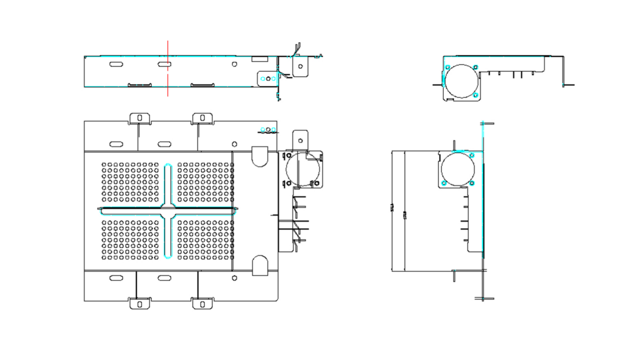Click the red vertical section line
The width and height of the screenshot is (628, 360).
tap(167, 81)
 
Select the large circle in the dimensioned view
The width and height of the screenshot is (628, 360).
tap(458, 169)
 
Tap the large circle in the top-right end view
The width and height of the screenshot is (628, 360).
tap(461, 81)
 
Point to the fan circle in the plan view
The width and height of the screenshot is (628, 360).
tap(303, 169)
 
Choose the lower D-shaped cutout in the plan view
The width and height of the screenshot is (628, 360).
tap(260, 265)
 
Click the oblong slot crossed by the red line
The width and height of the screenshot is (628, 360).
tap(164, 64)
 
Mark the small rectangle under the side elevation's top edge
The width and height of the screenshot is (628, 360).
tap(260, 59)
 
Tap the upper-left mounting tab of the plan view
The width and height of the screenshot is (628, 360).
tap(140, 119)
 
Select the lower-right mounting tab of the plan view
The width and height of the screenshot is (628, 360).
tap(203, 304)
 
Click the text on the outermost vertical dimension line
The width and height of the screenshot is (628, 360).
tap(392, 208)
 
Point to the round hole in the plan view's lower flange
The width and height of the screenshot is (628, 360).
tap(234, 278)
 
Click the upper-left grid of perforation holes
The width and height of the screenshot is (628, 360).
tap(130, 182)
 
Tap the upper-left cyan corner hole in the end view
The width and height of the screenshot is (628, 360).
tap(447, 67)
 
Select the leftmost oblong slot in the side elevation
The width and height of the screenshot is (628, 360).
tap(116, 64)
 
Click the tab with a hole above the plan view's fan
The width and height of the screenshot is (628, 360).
tap(300, 140)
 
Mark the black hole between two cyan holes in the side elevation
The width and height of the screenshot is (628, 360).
tap(268, 79)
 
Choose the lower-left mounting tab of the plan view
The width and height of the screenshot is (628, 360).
tap(140, 304)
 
